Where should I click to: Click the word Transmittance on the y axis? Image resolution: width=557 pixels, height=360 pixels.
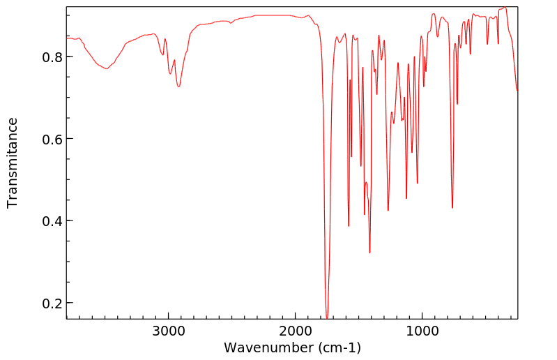13,163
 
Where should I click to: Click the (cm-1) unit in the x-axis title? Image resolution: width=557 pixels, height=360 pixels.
339,347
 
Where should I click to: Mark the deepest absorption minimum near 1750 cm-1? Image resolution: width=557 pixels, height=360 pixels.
327,318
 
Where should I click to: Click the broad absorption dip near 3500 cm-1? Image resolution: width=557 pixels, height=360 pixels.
107,68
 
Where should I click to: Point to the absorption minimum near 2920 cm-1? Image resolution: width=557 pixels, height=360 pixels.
178,87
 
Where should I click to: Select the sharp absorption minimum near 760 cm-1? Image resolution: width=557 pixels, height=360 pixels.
452,208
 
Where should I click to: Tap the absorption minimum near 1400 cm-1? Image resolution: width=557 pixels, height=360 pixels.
369,253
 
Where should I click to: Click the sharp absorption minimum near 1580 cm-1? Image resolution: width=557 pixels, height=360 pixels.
349,226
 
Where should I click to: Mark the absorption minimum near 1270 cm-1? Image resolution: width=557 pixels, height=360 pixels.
388,210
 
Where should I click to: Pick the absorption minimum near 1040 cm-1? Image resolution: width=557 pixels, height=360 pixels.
417,183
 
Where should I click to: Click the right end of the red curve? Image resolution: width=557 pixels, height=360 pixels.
517,91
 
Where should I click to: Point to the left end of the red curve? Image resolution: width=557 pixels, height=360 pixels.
67,38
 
